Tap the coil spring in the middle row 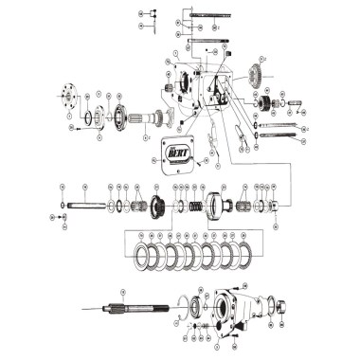click(x=195, y=206)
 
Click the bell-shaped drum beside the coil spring click(x=217, y=205)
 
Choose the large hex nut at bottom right click(x=281, y=304)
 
